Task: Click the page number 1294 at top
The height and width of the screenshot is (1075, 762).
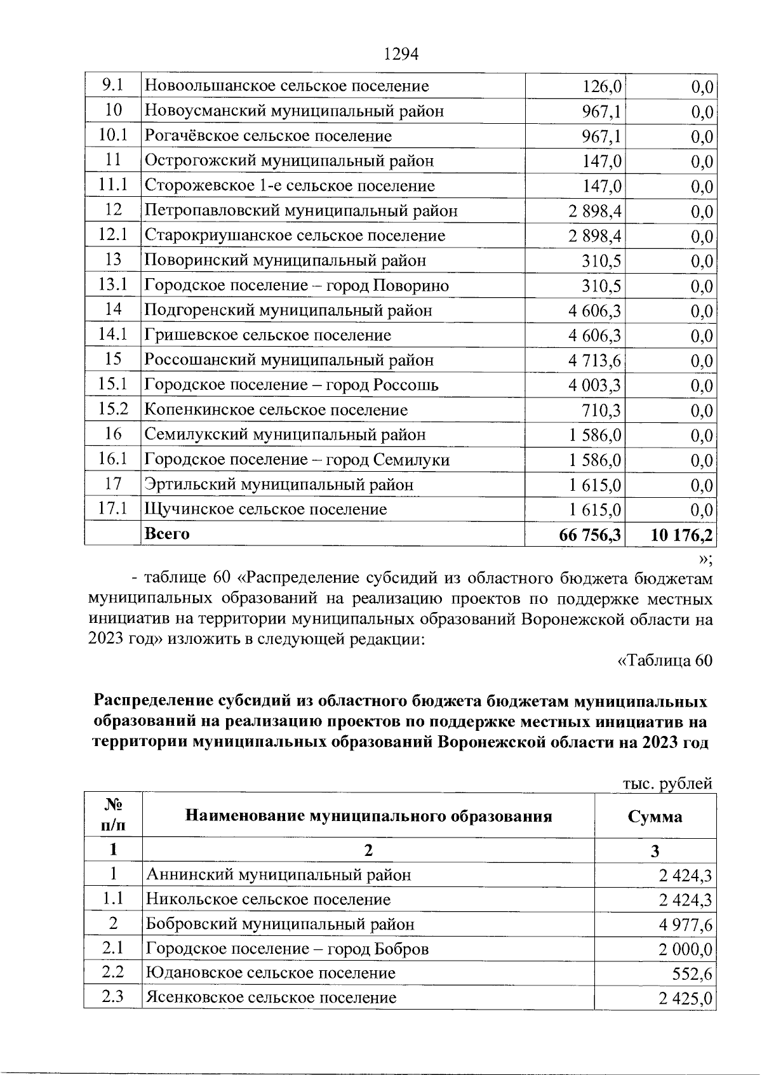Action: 401,55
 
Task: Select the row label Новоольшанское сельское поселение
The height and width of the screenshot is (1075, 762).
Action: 287,86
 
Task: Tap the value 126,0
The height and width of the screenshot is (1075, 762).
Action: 603,86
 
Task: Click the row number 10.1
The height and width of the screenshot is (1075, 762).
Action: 113,135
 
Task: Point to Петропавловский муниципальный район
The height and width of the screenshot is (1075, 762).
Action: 301,210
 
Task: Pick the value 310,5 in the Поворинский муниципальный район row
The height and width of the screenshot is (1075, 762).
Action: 603,260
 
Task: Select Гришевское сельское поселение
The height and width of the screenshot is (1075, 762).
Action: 268,335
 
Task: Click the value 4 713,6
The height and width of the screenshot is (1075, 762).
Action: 595,360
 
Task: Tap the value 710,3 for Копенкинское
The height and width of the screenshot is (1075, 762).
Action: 603,410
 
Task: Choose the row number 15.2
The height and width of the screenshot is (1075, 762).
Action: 113,410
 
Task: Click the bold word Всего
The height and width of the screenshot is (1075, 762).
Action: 168,534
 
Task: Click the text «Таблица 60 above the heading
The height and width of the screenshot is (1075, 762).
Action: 665,660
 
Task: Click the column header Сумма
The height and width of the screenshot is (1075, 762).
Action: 655,817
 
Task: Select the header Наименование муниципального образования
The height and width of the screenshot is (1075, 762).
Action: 368,816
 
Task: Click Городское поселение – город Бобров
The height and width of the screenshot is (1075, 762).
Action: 288,949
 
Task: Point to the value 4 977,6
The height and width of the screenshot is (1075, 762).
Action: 685,925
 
